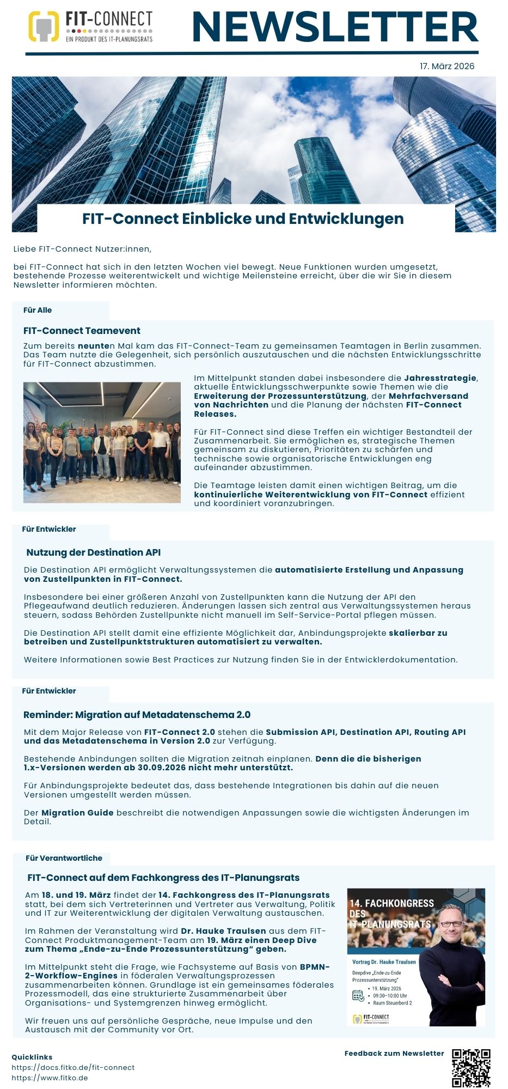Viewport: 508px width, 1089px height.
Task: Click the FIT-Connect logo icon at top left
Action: [x=44, y=27]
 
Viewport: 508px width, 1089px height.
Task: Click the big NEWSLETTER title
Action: [x=335, y=27]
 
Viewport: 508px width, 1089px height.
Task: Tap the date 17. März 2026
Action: [x=446, y=66]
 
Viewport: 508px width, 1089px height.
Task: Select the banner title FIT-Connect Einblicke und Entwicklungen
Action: [x=243, y=218]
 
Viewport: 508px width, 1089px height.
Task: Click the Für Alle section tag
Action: [x=38, y=310]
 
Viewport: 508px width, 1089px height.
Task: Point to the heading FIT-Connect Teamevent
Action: [x=82, y=331]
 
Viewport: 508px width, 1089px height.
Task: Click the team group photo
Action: [x=102, y=442]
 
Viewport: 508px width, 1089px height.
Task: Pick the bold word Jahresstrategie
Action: [x=440, y=378]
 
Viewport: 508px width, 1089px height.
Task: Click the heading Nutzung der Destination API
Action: [x=93, y=552]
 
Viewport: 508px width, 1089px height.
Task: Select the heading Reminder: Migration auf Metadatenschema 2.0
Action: [x=137, y=715]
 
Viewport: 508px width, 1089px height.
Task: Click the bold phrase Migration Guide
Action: [x=77, y=813]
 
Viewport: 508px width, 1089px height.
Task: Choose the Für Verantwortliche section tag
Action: [x=64, y=858]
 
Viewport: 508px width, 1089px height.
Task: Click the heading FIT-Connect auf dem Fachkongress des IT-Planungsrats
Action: [x=163, y=878]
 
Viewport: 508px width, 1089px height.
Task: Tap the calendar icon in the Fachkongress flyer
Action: [x=358, y=995]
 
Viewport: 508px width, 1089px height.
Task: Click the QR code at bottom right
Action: [x=471, y=1068]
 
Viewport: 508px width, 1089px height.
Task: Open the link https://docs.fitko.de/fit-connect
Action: [x=73, y=1067]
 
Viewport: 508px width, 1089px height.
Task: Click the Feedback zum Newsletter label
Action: [x=394, y=1053]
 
